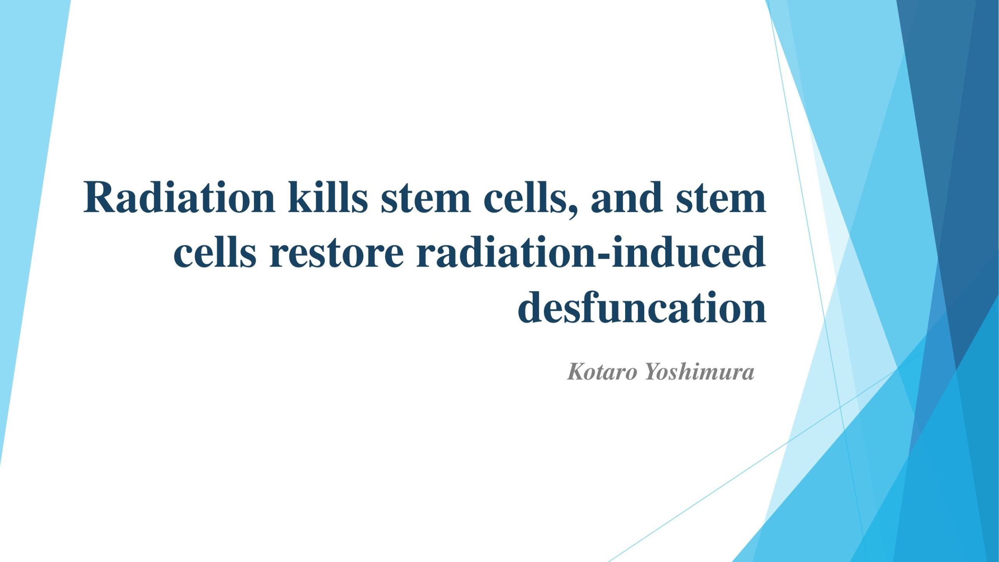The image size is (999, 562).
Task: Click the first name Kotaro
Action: [602, 371]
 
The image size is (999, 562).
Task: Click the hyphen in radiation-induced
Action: [603, 256]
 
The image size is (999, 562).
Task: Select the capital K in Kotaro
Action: [576, 371]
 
